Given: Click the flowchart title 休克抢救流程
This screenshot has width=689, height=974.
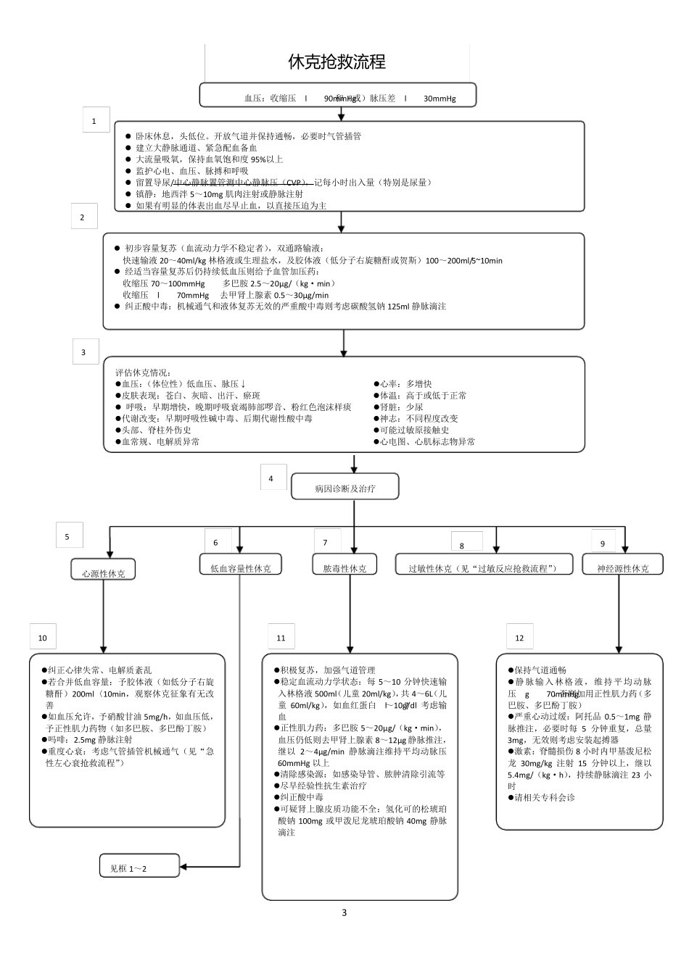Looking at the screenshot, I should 337,62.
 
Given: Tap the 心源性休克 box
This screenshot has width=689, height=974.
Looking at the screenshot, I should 103,570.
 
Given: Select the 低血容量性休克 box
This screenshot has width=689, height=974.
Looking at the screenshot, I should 240,566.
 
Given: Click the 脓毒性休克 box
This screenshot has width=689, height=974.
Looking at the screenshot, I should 344,566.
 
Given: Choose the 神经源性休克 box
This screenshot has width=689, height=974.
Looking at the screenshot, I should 623,566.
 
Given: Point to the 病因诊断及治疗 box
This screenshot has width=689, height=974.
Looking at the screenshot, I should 344,488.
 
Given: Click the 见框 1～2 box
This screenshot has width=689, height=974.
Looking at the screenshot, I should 139,866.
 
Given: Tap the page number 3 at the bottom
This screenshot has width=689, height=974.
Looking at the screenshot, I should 344,912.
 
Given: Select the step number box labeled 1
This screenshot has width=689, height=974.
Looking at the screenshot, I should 95,120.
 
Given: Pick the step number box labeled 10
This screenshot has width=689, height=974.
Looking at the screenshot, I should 43,637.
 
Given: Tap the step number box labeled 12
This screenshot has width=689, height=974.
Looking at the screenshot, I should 519,637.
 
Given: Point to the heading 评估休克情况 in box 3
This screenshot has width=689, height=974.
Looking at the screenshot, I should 144,372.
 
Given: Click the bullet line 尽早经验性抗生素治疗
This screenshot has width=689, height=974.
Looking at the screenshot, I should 323,786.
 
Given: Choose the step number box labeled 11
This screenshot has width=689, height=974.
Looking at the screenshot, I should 281,637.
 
